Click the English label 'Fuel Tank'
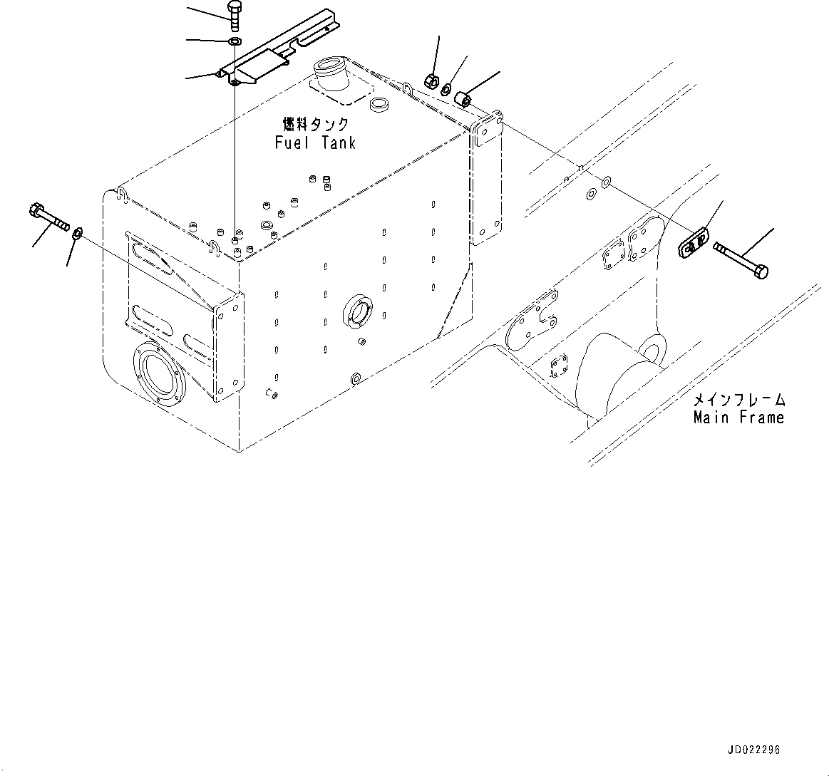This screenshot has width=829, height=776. [x=315, y=143]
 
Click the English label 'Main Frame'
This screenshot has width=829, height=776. [x=738, y=418]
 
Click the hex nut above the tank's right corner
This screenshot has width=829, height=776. [x=431, y=80]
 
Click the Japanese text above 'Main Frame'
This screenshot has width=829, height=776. [x=738, y=399]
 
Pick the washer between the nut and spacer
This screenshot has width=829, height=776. [x=446, y=90]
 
